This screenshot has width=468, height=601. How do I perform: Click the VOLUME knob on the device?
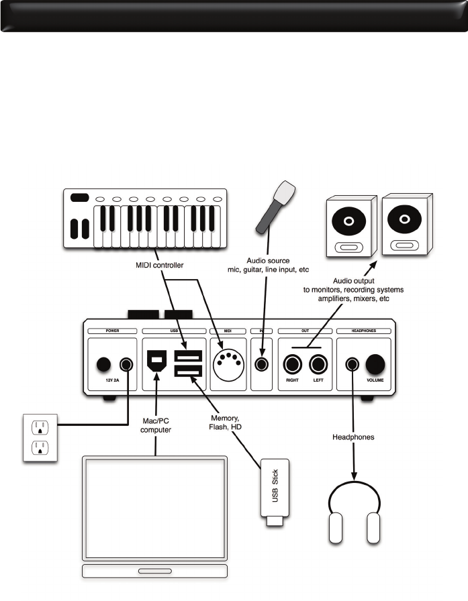coord(375,364)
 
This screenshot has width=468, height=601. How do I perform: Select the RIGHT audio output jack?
coord(293,366)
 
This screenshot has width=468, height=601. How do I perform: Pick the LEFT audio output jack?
coord(318,366)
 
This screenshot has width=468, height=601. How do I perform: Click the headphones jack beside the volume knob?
coord(351,364)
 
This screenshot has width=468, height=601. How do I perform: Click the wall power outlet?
coord(40,437)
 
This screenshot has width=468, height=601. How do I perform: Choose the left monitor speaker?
coord(348,227)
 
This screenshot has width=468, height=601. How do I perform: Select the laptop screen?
coord(154,510)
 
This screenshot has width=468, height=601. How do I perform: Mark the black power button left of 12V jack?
coord(103,365)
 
